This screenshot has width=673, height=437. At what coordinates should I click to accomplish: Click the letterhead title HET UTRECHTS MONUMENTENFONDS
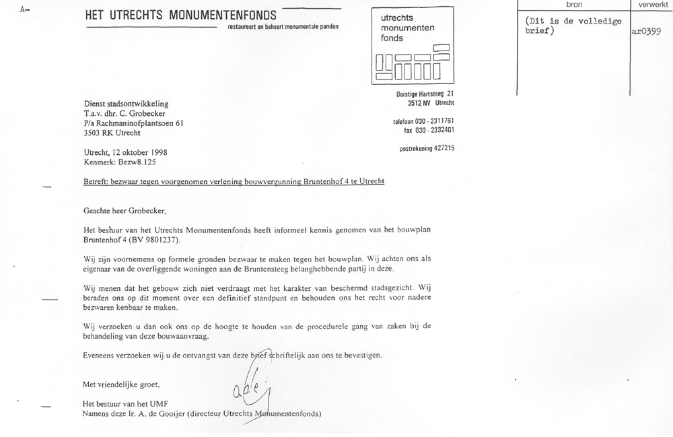(181, 15)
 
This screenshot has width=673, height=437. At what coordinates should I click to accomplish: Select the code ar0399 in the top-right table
(647, 32)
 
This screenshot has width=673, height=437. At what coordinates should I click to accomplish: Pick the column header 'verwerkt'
(649, 4)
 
